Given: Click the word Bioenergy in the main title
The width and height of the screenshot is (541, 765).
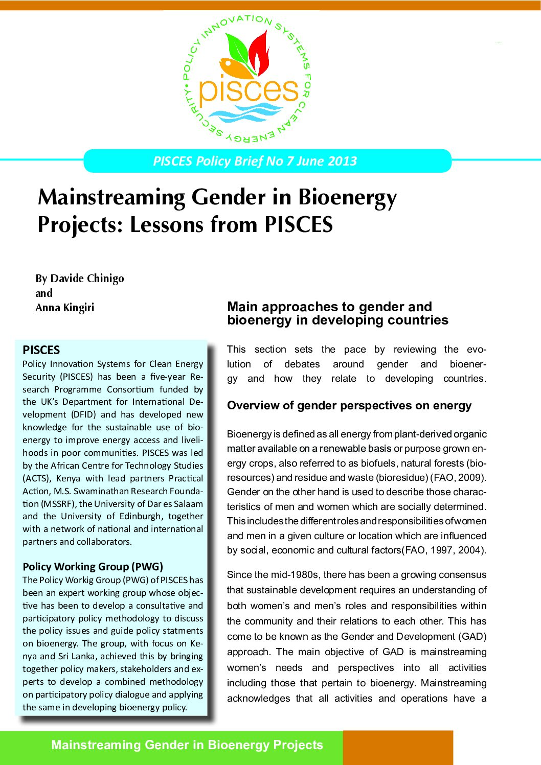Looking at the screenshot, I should (x=348, y=198).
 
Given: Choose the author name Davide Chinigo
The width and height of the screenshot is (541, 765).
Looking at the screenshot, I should (x=87, y=279).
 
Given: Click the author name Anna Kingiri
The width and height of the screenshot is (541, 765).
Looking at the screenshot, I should (x=65, y=308).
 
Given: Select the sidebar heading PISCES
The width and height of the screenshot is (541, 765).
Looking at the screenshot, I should (x=41, y=350).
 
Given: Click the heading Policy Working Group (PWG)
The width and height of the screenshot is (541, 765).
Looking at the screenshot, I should (x=93, y=567).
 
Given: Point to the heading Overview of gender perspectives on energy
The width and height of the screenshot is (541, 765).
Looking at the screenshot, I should (x=349, y=406).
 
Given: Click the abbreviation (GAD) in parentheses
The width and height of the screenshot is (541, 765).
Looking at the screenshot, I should (x=472, y=636).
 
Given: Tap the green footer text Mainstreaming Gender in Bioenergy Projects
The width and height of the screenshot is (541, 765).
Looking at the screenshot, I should (x=187, y=745).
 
